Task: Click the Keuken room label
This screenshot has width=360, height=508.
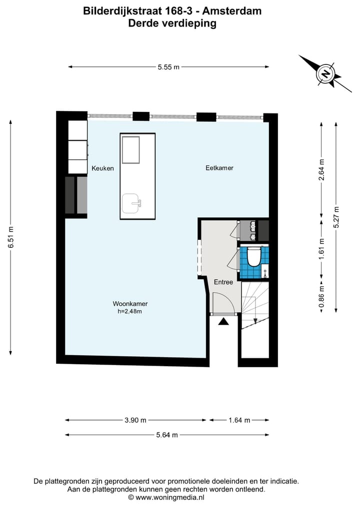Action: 102,168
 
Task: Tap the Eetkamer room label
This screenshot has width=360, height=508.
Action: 219,168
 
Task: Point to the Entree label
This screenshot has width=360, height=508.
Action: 223,282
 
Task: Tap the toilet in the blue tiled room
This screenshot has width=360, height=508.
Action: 254,257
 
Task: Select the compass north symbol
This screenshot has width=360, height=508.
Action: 326,74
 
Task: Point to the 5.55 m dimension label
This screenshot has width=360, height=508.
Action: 168,67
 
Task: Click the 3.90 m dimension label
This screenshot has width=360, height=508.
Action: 135,420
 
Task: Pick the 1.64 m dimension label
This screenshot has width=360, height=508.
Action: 239,420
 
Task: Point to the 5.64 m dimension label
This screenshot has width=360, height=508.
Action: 167,435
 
